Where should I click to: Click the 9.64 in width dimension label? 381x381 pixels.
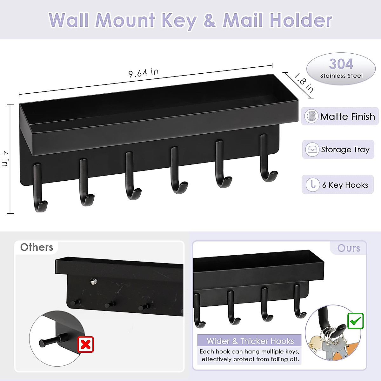pos(144,73)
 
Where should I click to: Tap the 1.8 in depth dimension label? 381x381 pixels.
pos(304,83)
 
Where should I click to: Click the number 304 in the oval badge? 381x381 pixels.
pos(341,64)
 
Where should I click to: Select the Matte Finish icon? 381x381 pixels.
pos(311,116)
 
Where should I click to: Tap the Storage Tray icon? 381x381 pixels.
pos(312,150)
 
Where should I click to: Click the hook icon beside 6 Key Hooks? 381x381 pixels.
pos(313,184)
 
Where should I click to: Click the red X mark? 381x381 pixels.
pos(86,344)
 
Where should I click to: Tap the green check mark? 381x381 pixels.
pos(355,321)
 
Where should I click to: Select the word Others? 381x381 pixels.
pos(37,247)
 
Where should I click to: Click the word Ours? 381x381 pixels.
pos(349,248)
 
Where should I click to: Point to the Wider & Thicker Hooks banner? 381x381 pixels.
pos(250,341)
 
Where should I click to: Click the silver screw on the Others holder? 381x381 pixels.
pos(93,281)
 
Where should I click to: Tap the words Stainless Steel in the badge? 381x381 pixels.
pos(341,76)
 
